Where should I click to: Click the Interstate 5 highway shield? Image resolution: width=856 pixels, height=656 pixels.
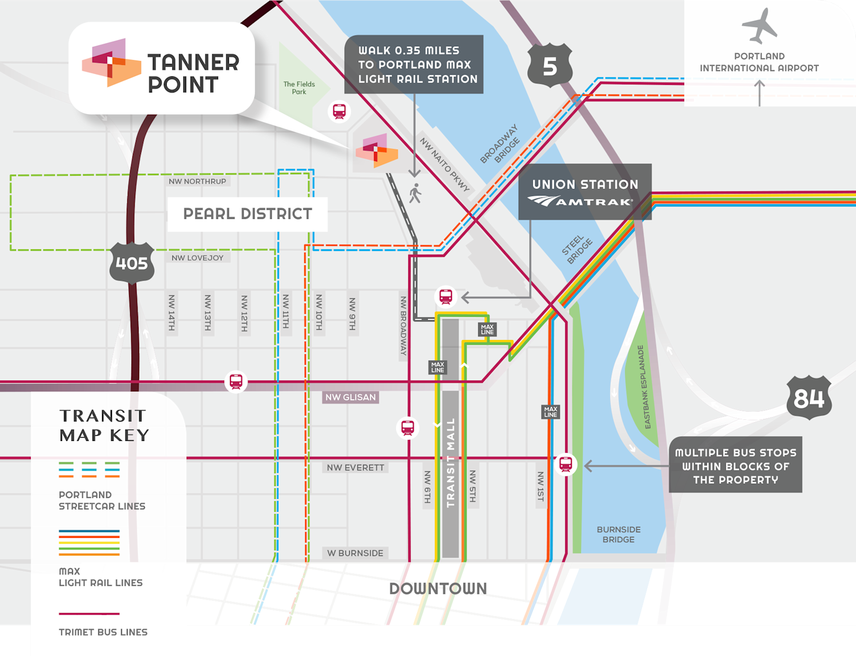point(549,66)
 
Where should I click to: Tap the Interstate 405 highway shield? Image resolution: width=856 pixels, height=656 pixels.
point(132,263)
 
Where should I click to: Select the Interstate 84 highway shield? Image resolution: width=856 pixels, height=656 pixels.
point(809,398)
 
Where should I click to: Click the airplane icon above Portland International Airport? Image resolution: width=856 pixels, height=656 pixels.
point(760,25)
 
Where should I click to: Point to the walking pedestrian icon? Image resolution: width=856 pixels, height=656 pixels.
point(415,193)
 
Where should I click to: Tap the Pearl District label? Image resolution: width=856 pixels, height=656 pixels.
point(247,214)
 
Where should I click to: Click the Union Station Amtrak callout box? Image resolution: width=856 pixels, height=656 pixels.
point(584,192)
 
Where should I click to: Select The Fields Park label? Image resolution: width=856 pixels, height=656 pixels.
point(299,88)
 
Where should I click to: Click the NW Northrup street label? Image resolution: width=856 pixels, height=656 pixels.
point(197,181)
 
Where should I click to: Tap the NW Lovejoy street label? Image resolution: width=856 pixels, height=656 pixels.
point(197,258)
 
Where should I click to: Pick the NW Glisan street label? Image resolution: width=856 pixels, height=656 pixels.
point(350,397)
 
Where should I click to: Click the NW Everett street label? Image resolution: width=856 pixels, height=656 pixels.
point(356,468)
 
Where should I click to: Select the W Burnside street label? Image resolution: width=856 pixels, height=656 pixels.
point(355,553)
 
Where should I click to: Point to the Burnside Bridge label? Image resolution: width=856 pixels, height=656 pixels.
point(619,534)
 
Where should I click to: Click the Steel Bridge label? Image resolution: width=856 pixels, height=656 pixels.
point(576,249)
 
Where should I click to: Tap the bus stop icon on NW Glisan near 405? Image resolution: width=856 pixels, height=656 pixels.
point(236,381)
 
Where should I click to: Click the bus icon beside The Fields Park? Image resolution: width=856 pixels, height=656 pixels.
point(340,111)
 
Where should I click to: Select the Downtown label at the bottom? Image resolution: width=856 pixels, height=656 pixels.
point(438,589)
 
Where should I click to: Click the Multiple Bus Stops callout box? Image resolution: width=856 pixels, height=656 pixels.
point(735,465)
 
